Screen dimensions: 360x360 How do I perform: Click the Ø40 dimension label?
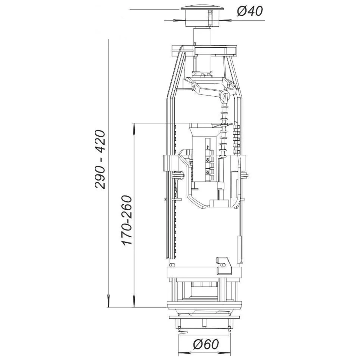click(x=250, y=11)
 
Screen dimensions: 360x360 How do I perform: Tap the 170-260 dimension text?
click(x=127, y=220)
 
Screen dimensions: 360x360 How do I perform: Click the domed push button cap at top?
click(x=202, y=8)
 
